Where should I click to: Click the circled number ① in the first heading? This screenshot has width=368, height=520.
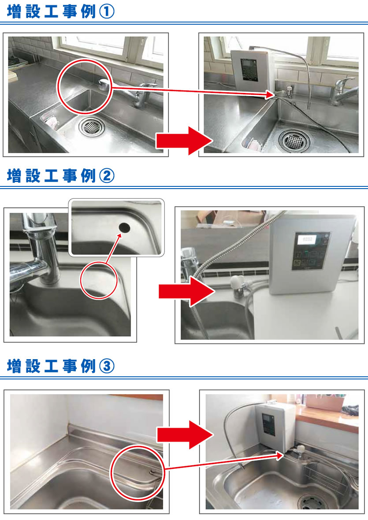(x=107, y=12)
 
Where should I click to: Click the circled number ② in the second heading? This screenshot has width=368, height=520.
(x=107, y=176)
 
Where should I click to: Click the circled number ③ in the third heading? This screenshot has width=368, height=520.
(x=107, y=366)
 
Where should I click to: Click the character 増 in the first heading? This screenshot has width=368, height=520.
(x=15, y=12)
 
